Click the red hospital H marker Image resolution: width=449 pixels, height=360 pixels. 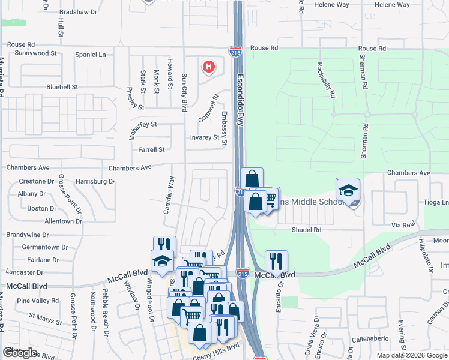(x=208, y=67)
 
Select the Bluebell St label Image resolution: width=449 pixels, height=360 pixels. (x=62, y=87)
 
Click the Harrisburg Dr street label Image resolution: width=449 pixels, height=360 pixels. (x=95, y=181)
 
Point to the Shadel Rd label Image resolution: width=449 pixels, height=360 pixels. (x=307, y=230)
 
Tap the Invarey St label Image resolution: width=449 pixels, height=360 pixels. (x=204, y=137)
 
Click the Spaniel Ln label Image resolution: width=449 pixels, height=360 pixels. (x=91, y=55)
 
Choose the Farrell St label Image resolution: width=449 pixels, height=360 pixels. (x=151, y=150)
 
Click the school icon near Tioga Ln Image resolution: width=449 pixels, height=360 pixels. (x=348, y=191)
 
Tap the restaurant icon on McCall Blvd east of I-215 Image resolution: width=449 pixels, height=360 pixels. (x=276, y=261)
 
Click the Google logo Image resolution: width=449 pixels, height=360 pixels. (x=20, y=353)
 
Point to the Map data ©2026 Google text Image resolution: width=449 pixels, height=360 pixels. (x=411, y=355)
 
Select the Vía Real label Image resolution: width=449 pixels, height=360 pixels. (x=403, y=224)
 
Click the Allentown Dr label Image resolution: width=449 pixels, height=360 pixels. (x=63, y=221)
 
